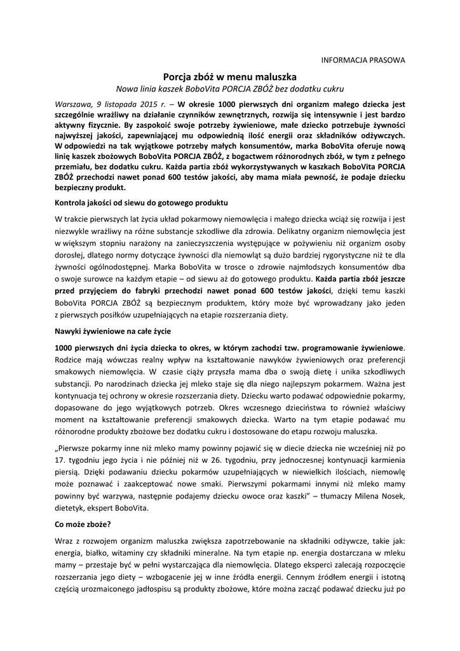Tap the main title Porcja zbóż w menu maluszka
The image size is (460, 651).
point(229,76)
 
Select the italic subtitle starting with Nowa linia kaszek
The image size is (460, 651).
point(229,88)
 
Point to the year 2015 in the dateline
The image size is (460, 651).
point(147,102)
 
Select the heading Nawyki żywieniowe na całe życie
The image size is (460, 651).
point(113,332)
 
